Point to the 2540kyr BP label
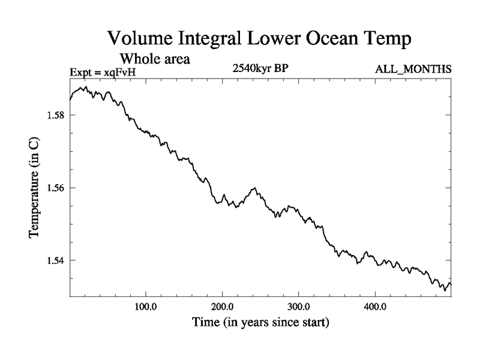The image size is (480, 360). point(260,68)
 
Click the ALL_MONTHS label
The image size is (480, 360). point(413,70)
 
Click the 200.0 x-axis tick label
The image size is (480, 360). point(223,307)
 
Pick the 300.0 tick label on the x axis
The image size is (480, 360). point(299,307)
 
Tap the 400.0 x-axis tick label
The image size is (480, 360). point(375,307)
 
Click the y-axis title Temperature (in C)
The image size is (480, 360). point(35,188)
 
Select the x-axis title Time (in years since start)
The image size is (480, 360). point(260,323)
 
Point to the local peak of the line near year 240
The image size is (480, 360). point(254,188)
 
